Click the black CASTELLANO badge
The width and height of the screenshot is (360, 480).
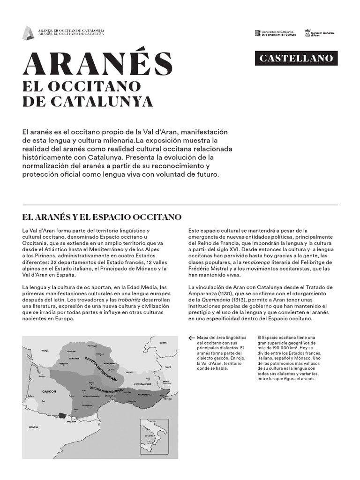click(297, 59)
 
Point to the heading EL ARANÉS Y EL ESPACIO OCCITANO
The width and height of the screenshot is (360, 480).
click(102, 217)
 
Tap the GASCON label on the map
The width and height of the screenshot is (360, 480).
click(49, 391)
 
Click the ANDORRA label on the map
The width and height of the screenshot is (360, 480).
click(71, 421)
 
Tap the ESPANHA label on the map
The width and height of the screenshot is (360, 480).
click(33, 427)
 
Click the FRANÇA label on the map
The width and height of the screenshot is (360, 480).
click(45, 351)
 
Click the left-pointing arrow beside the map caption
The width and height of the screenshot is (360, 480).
click(191, 337)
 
